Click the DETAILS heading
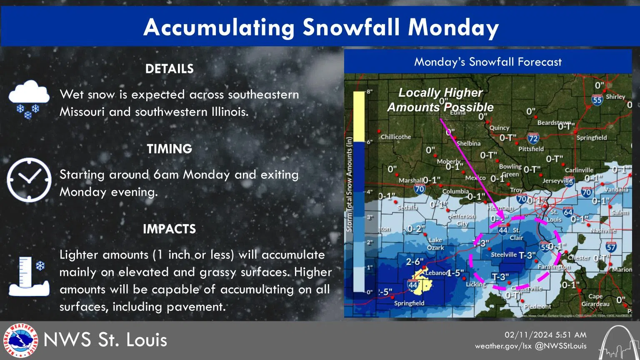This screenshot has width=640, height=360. [x=169, y=69]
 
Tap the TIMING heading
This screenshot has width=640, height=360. [x=169, y=149]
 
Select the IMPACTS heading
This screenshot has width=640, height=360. [x=169, y=229]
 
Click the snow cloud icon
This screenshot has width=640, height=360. [x=29, y=99]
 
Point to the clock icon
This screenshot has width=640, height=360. [x=29, y=180]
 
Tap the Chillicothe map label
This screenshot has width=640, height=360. [x=396, y=137]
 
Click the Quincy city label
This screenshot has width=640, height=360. [x=499, y=128]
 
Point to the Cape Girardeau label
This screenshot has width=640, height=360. [x=595, y=300]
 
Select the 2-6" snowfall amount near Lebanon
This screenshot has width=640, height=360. [x=415, y=262]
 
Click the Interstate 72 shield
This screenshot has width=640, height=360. [x=533, y=138]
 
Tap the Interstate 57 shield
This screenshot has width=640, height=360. [x=611, y=247]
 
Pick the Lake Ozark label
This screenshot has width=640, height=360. [x=436, y=244]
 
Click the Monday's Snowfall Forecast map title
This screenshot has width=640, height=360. [x=487, y=62]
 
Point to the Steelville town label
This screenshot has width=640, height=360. [x=503, y=255]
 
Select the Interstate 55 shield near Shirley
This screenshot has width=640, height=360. [x=597, y=99]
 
